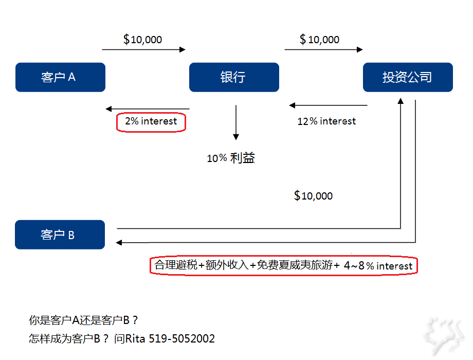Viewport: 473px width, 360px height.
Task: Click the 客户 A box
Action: pos(60,77)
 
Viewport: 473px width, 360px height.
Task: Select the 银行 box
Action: pos(234,77)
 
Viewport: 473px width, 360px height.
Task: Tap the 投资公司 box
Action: pos(408,77)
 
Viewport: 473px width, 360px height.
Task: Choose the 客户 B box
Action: pos(60,235)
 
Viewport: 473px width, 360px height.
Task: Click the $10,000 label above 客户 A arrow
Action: pos(143,40)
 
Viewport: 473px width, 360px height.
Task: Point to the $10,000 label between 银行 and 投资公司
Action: pos(319,40)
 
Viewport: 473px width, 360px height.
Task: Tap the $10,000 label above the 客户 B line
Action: pos(313,196)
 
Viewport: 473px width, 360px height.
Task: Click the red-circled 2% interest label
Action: pos(151,121)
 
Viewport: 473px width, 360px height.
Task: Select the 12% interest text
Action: pos(326,121)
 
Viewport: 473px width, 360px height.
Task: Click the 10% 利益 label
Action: pos(231,158)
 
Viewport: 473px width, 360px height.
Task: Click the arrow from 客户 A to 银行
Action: pos(143,49)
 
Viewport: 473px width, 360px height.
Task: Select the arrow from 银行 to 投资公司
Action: pos(323,49)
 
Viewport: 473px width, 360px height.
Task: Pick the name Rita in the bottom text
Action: pos(136,338)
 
